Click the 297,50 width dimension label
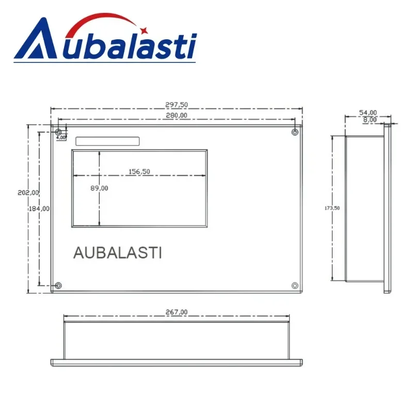tap(177, 105)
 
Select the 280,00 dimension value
tap(177, 115)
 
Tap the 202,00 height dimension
tap(28, 193)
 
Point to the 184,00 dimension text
tap(39, 209)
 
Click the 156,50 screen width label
tap(139, 171)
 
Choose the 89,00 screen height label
tap(99, 188)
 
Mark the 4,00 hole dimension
tap(61, 137)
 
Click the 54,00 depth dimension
tap(368, 113)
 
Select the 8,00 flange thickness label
tap(370, 120)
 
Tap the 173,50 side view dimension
tap(332, 208)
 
